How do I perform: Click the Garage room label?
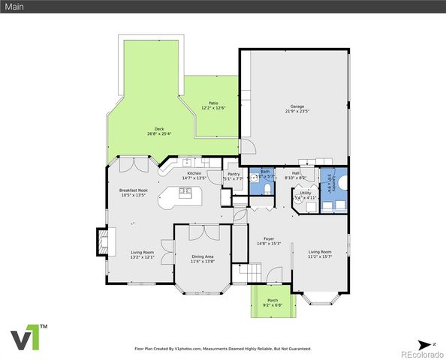point(295,106)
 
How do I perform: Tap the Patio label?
point(213,103)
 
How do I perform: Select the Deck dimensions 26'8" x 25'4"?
point(159,133)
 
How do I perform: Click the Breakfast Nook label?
point(132,190)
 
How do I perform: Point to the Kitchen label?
point(194,173)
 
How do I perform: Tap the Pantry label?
point(234,174)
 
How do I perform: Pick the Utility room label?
point(306,193)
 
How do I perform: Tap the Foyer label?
point(269,239)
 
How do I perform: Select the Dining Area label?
point(202,256)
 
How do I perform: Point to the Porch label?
point(272,301)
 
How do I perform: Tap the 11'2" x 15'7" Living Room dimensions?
point(320,256)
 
